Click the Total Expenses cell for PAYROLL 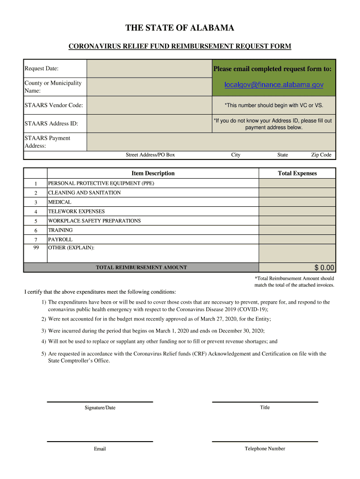tap(297, 239)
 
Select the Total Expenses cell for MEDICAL tap(297, 202)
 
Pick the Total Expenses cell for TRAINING tap(297, 230)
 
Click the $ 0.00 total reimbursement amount tap(324, 268)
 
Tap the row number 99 tap(36, 247)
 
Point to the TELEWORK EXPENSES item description tap(76, 211)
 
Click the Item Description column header tap(153, 174)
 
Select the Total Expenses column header tap(297, 174)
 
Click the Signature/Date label tap(100, 408)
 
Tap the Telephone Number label tap(265, 449)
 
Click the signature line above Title tap(265, 402)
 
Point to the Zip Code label tap(321, 155)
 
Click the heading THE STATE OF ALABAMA tap(180, 29)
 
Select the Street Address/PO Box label tap(150, 155)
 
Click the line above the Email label tap(100, 441)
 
